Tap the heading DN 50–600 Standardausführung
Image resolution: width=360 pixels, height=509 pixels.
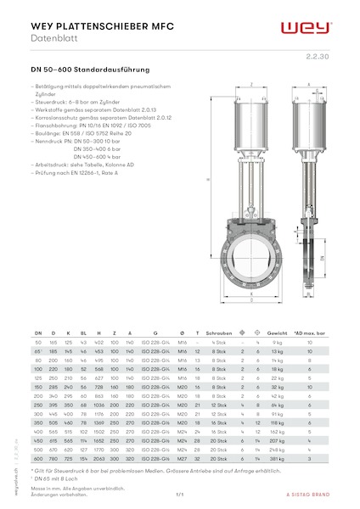90,69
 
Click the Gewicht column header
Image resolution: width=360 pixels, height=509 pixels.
276,334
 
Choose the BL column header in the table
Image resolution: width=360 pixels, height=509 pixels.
83,334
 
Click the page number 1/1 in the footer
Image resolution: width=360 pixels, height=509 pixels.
180,495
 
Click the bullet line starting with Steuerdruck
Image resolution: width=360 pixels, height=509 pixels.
85,99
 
